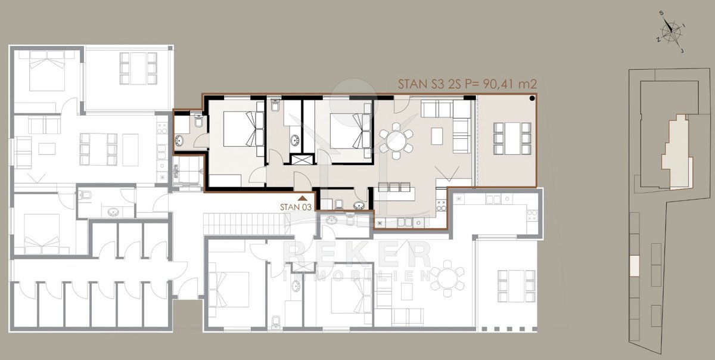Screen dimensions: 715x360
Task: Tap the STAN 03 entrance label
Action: pos(296,207)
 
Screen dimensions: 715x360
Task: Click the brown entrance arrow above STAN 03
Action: pos(302,198)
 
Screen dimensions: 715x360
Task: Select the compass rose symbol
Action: pos(671,32)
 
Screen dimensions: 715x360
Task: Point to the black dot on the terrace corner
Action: pos(532,98)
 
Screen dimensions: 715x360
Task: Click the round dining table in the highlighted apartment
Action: pos(396,141)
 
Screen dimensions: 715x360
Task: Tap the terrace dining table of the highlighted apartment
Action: pos(512,139)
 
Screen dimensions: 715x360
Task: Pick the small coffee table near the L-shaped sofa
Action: pos(437,136)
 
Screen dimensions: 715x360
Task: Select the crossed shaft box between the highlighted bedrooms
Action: pos(301,159)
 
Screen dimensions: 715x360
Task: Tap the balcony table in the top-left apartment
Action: pos(138,69)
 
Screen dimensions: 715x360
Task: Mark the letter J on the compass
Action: pos(682,51)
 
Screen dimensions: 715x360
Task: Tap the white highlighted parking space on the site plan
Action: pos(635,266)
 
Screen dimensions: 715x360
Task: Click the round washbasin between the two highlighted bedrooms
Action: pos(294,140)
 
